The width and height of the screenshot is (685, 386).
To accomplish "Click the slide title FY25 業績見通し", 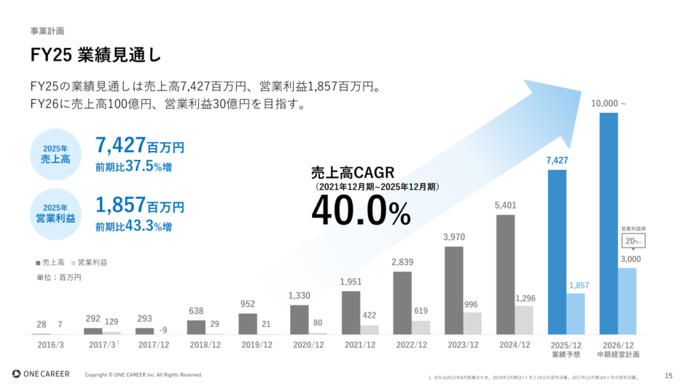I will [95, 55].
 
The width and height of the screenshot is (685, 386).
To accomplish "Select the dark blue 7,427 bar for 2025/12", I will [557, 252].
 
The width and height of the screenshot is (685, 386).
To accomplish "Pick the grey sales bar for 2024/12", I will [505, 274].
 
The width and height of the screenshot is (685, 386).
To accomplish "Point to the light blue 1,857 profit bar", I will [576, 314].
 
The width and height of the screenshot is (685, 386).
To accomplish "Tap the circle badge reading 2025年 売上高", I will [55, 153].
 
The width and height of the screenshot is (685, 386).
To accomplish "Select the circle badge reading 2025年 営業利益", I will [55, 213].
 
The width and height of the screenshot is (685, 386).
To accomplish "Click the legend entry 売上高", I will [51, 262].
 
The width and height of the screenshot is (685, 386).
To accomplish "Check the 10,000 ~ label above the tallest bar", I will [608, 104].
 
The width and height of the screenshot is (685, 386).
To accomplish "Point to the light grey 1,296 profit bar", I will [524, 320].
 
